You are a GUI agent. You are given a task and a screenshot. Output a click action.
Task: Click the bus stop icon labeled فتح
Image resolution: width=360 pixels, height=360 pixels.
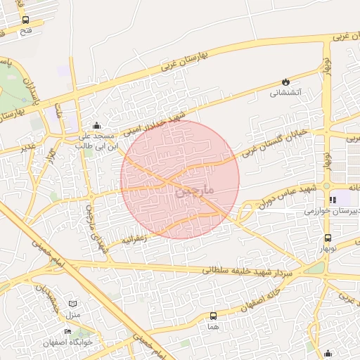(26, 20)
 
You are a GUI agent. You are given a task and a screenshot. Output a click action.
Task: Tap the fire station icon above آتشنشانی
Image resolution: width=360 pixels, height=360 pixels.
(285, 82)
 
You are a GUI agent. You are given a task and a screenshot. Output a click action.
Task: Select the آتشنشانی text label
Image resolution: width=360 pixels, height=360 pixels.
(286, 93)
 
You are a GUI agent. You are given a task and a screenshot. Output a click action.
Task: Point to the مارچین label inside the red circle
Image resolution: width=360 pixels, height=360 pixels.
(191, 188)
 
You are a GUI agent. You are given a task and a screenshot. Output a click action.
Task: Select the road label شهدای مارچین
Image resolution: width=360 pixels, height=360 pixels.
(96, 226)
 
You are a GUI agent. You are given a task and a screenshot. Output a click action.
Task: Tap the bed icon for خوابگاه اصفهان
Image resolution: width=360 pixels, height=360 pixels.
(69, 331)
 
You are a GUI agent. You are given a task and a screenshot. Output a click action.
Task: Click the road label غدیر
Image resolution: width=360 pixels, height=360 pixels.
(27, 146)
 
